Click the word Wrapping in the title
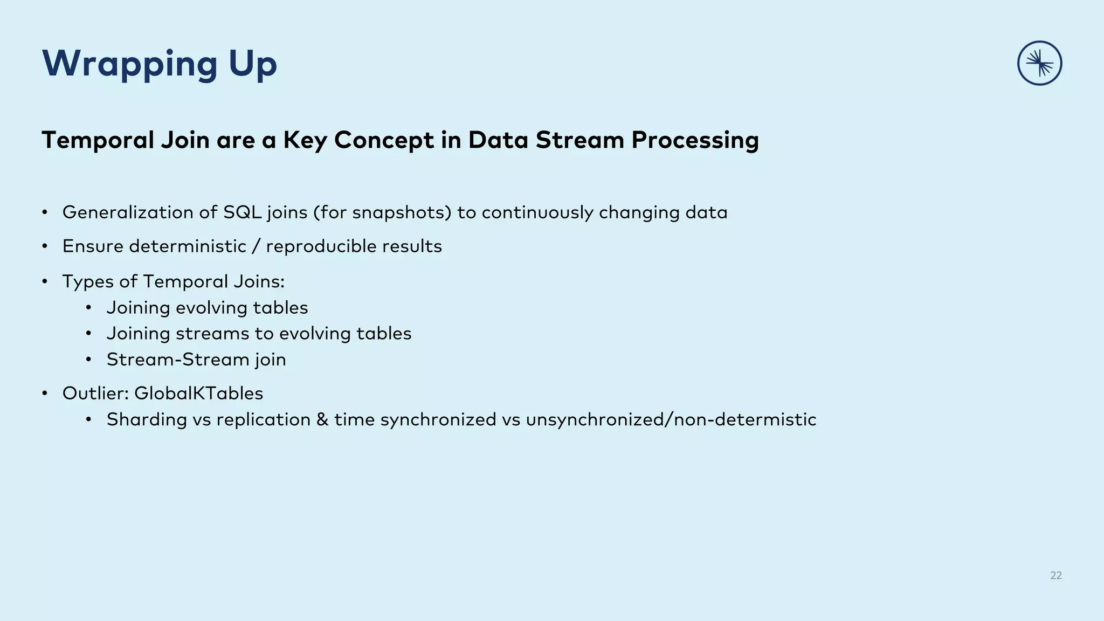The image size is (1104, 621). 130,64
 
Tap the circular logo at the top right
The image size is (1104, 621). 1039,63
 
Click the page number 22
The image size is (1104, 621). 1055,575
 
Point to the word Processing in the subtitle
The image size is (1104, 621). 695,140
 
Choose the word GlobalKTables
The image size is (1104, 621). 198,394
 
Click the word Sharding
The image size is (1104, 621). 147,419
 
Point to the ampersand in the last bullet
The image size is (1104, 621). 322,419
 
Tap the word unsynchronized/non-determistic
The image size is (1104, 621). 671,419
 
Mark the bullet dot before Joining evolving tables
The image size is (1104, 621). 89,308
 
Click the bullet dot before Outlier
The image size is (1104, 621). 45,394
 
